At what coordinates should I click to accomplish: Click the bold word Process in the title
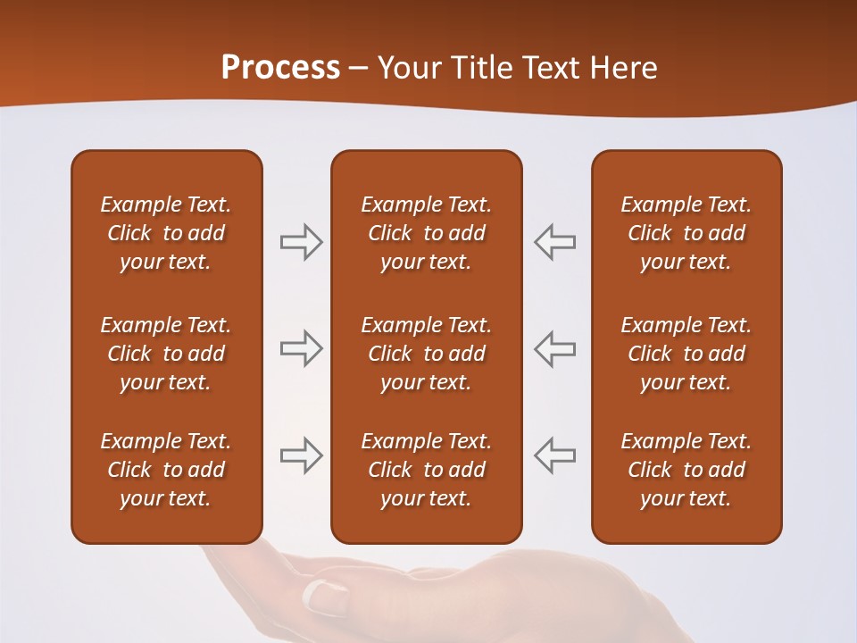pos(280,68)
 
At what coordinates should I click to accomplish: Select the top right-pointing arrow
pos(301,242)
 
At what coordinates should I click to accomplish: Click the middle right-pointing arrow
pos(301,348)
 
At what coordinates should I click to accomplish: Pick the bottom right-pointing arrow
pos(301,455)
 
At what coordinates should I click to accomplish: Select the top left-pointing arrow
pos(554,242)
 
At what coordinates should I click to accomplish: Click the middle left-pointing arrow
pos(554,348)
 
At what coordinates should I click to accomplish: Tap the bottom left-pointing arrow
pos(554,455)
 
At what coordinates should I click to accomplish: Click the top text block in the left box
pos(166,233)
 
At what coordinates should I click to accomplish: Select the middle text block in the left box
pos(166,354)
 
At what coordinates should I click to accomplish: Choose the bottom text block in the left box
pos(166,470)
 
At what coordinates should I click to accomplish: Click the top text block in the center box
pos(426,233)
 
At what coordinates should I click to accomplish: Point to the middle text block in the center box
pos(426,354)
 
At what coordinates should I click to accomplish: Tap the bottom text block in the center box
pos(426,470)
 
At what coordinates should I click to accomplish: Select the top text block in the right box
pos(686,233)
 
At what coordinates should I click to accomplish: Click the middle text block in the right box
pos(686,354)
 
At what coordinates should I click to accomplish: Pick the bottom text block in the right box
pos(686,470)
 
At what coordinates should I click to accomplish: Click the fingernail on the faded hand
pos(326,595)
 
